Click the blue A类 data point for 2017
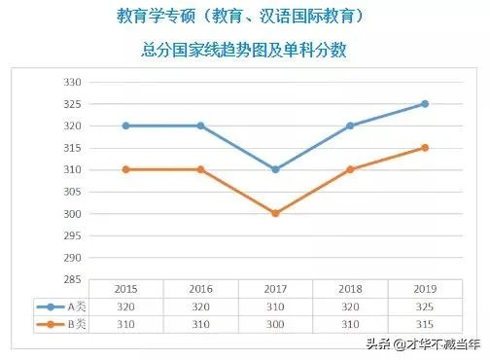275,169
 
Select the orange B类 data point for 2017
275,213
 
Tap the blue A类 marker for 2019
424,103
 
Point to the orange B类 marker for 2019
424,148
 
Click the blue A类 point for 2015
125,126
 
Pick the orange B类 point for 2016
200,169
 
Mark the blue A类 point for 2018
350,126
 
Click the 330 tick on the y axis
70,81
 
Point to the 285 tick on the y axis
70,280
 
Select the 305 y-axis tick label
70,192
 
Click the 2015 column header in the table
125,290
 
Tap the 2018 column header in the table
350,290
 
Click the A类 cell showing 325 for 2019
424,306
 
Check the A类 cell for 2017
275,306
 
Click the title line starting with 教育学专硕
245,17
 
